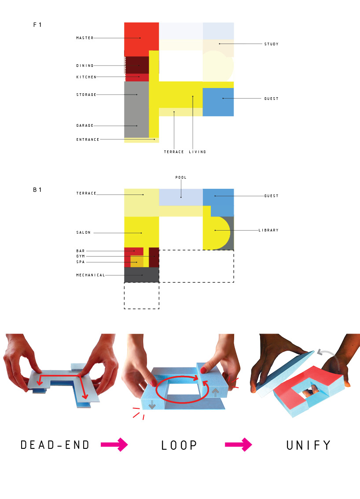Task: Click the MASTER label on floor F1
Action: [84, 38]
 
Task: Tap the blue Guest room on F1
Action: [218, 102]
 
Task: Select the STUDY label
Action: [271, 44]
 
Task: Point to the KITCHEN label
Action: [86, 77]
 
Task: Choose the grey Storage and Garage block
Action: [136, 110]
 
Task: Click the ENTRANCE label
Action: [88, 139]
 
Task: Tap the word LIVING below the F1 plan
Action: [197, 152]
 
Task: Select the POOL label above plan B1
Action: [181, 177]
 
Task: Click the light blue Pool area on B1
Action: [181, 197]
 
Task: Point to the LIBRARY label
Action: [268, 230]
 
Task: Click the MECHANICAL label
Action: [90, 275]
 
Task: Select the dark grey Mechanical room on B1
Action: [141, 275]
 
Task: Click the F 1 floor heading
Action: [37, 25]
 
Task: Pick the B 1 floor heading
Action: [37, 190]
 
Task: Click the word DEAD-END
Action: [55, 445]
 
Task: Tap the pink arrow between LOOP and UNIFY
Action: [238, 444]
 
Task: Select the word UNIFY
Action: [309, 445]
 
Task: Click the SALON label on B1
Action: [83, 233]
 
